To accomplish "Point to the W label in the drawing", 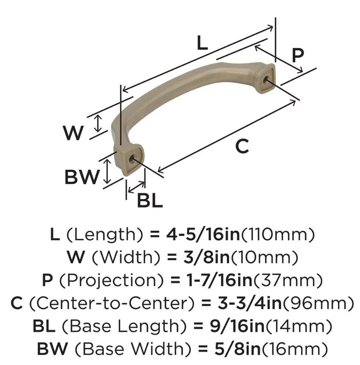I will point(73,133).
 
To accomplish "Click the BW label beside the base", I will point(82,177).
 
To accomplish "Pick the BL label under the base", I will point(150,200).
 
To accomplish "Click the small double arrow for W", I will point(99,123).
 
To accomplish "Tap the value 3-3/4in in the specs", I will point(242,303).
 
